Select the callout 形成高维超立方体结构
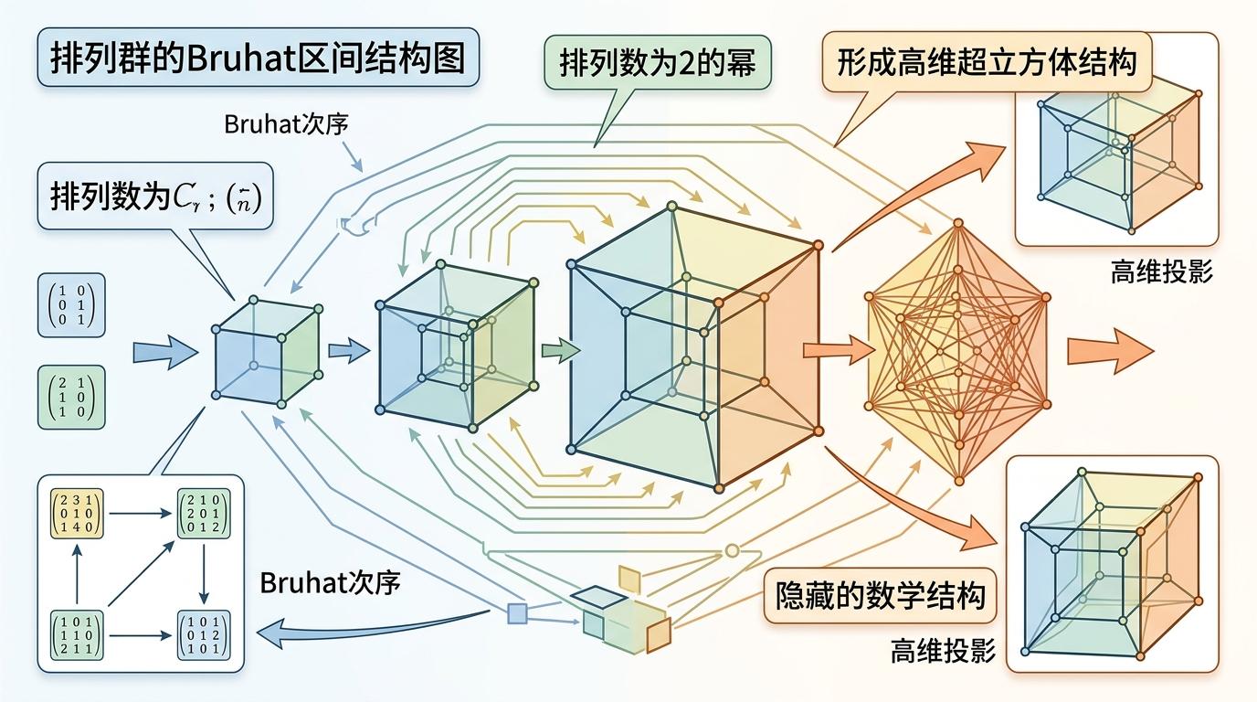tap(988, 63)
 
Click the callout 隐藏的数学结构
tap(880, 597)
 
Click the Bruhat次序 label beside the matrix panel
tap(331, 583)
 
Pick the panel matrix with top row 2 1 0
tap(203, 516)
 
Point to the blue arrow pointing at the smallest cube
tap(164, 351)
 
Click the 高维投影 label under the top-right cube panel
tap(1161, 271)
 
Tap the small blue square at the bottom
tap(517, 613)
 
